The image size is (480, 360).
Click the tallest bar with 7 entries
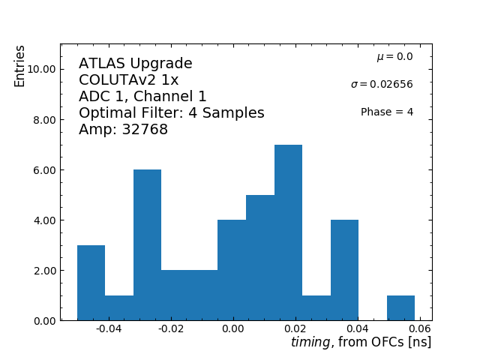pos(288,232)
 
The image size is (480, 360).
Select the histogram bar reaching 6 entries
pos(147,245)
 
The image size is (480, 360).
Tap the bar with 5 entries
pos(260,258)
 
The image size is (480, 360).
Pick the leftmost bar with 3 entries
pos(91,283)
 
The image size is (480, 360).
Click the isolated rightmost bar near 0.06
pos(400,308)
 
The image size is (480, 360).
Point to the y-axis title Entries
pos(20,66)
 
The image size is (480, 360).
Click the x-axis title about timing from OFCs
pos(361,342)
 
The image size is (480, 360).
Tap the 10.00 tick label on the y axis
pos(38,69)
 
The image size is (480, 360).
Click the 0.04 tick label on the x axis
pos(358,328)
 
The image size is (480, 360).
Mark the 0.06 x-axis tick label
pos(420,328)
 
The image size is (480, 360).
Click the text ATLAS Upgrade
pos(135,64)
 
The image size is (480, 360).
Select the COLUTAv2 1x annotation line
pos(128,80)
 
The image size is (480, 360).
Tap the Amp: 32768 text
pos(123,130)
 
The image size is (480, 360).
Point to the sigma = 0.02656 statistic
pos(381,85)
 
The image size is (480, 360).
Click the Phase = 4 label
pos(386,112)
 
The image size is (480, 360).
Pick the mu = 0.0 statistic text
pos(394,57)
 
